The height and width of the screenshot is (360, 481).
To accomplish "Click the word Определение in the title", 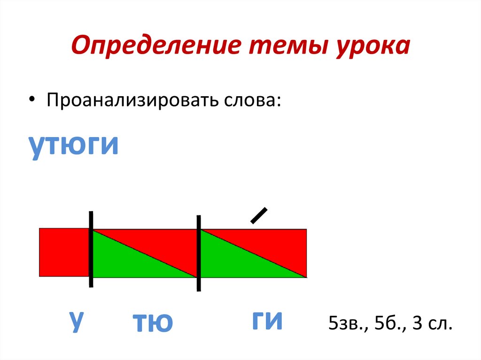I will pyautogui.click(x=150, y=47).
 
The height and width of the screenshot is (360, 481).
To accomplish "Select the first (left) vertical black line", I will pyautogui.click(x=91, y=249).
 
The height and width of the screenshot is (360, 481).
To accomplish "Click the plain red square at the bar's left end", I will pyautogui.click(x=64, y=252).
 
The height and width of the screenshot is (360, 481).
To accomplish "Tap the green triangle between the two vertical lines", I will pyautogui.click(x=127, y=263).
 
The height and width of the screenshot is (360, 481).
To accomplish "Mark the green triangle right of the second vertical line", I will pyautogui.click(x=235, y=263).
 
